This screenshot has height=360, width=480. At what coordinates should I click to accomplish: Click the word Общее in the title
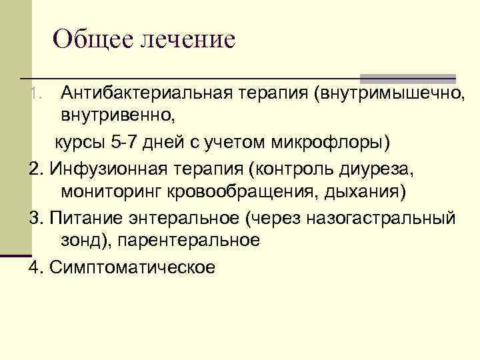[91, 39]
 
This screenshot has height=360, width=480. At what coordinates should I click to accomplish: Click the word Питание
[78, 217]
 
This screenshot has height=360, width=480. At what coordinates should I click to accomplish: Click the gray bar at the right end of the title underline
[407, 78]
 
